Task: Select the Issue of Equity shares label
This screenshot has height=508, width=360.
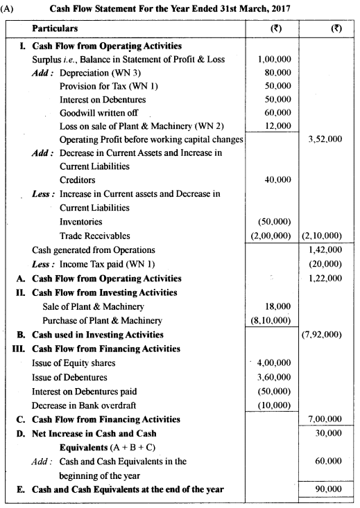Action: (x=74, y=362)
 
